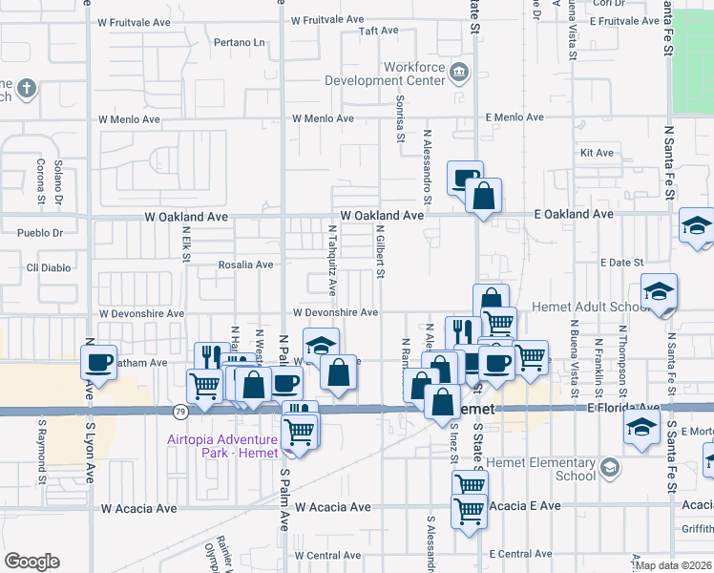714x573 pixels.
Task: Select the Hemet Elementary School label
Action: point(561,469)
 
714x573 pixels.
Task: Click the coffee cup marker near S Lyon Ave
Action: point(98,363)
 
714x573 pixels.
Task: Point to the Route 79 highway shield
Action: point(179,412)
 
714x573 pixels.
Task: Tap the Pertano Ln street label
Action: point(240,43)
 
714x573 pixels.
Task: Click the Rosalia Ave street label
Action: point(246,265)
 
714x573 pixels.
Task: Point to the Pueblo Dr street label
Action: point(40,232)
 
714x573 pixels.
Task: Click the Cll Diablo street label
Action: point(49,267)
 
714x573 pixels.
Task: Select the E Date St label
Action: point(621,263)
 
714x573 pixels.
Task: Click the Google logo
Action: point(31,561)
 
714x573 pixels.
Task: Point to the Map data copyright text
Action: point(674,565)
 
